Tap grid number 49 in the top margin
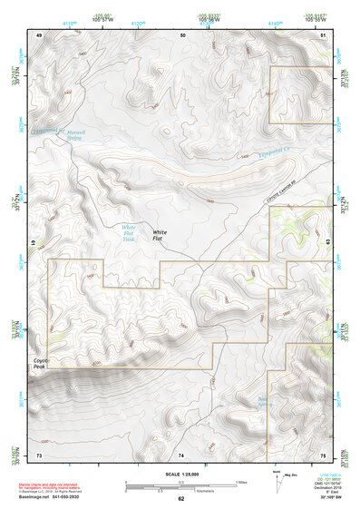[x=39, y=34]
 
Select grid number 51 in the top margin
[x=324, y=34]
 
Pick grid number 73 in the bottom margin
[x=39, y=453]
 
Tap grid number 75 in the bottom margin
[x=323, y=453]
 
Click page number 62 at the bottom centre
[x=180, y=498]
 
